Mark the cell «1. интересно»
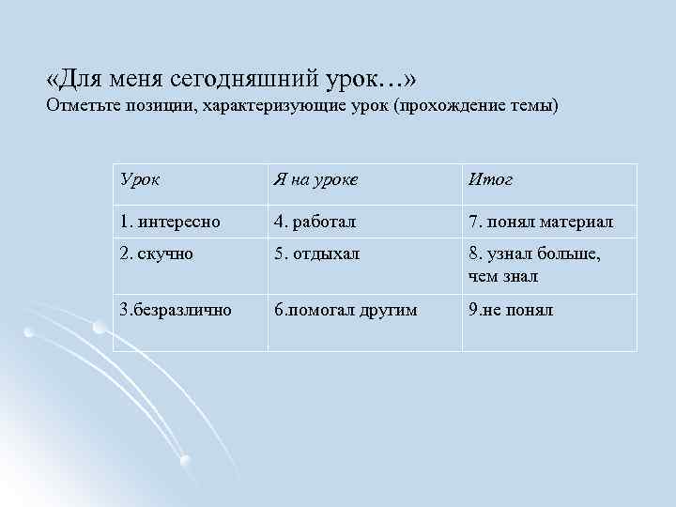pos(170,222)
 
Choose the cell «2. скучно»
pos(156,254)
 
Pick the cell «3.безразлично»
pos(175,309)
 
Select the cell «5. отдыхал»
pos(316,254)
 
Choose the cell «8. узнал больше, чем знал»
pos(534,265)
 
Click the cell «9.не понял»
pos(510,309)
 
